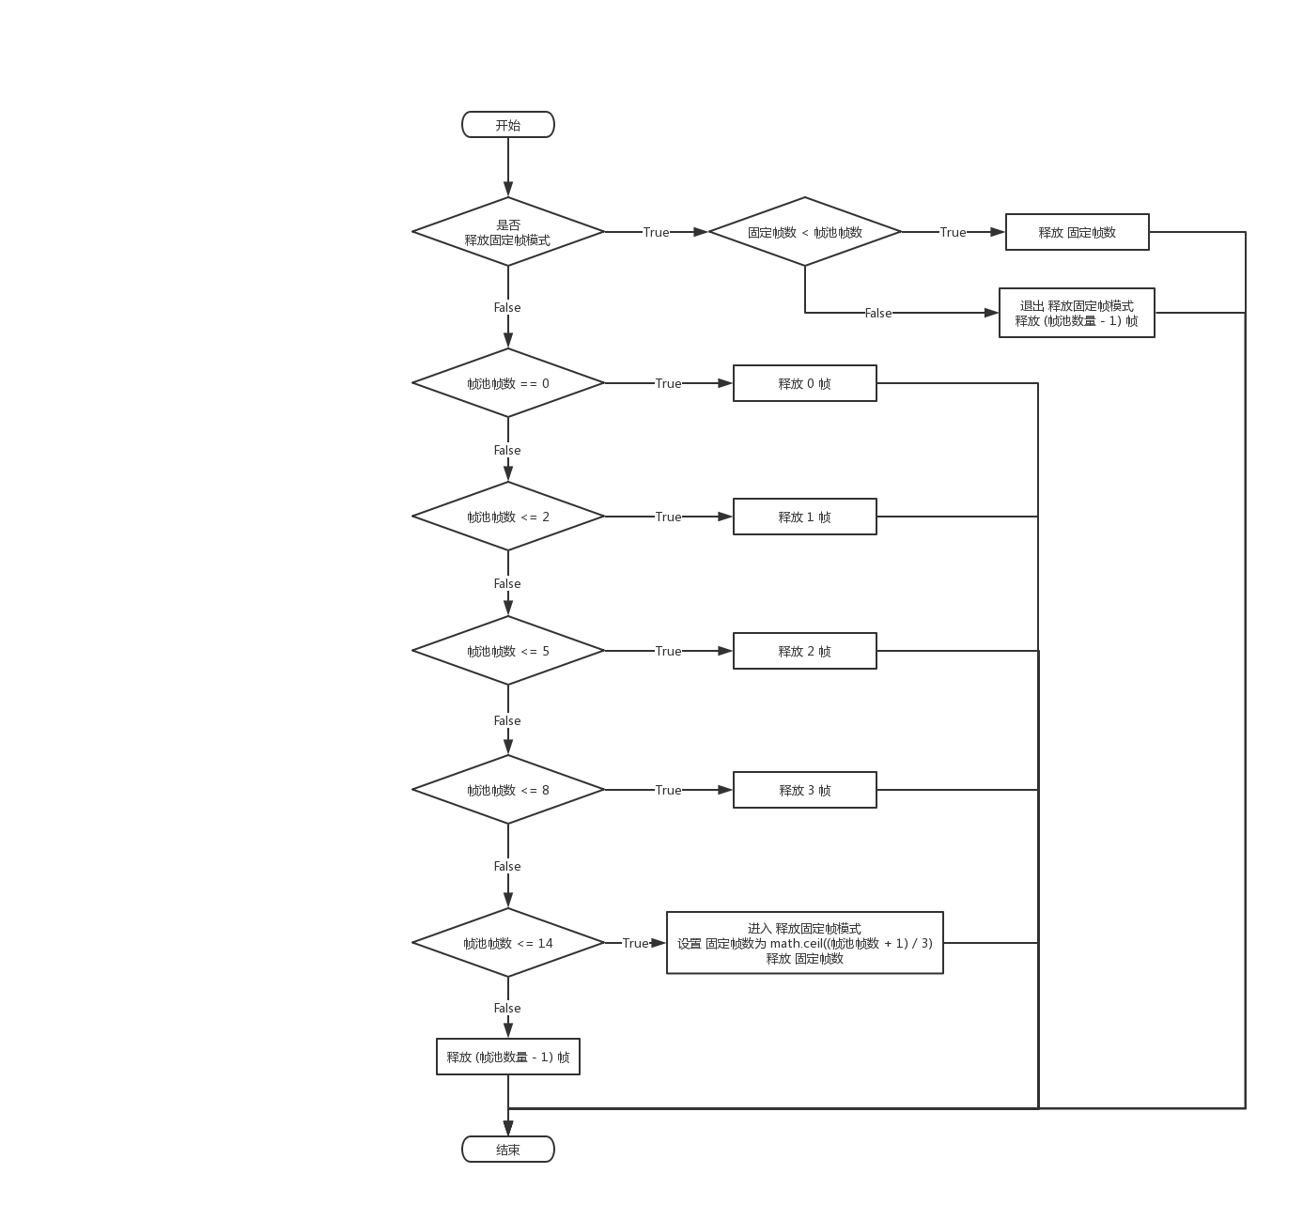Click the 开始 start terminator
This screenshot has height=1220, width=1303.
507,125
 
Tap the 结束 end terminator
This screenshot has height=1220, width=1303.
507,1150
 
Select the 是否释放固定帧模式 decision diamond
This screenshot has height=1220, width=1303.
507,232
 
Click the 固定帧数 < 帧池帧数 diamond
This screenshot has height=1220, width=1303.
804,232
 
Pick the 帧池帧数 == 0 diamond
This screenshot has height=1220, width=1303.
507,383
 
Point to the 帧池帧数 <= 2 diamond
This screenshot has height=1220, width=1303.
507,517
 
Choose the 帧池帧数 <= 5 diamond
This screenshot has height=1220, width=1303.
507,651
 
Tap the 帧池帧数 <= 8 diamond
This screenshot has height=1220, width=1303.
507,790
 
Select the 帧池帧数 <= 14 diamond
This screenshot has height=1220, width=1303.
507,943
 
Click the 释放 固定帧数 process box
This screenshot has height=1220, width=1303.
1077,232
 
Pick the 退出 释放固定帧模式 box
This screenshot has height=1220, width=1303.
1077,313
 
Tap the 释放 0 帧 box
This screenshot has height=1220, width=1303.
804,383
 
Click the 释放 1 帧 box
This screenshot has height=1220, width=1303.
804,517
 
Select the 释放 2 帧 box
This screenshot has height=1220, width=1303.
804,651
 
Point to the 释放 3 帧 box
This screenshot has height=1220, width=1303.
804,790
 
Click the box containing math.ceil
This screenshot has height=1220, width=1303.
804,943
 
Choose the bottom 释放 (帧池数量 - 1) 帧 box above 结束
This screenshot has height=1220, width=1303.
507,1057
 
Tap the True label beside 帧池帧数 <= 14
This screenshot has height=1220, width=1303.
635,943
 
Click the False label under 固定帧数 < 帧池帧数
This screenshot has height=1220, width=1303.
878,313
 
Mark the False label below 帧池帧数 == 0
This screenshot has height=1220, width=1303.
507,450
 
